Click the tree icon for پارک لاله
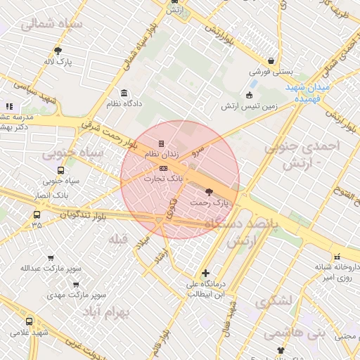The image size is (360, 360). pos(58,51)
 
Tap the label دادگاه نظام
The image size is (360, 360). pos(123,103)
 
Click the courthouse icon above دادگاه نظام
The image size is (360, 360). pos(124,94)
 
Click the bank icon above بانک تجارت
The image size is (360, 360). pos(164,169)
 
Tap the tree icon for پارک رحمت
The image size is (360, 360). pos(209,192)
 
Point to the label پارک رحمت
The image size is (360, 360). pos(210,202)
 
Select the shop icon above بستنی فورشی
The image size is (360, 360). pos(271,61)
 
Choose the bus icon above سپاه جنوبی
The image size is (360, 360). pos(61,170)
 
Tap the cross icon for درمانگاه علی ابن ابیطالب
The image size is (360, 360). pos(205,273)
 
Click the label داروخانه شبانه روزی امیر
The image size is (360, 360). pos(337,272)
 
